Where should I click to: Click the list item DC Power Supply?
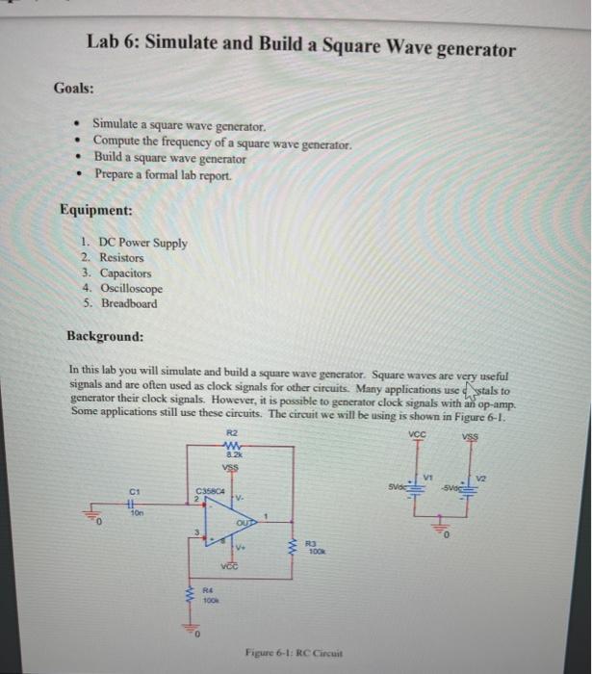click(142, 243)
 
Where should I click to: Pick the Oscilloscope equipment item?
click(131, 288)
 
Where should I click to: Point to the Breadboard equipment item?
click(128, 303)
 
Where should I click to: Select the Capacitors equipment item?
click(126, 273)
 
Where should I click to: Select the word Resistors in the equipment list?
click(121, 258)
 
